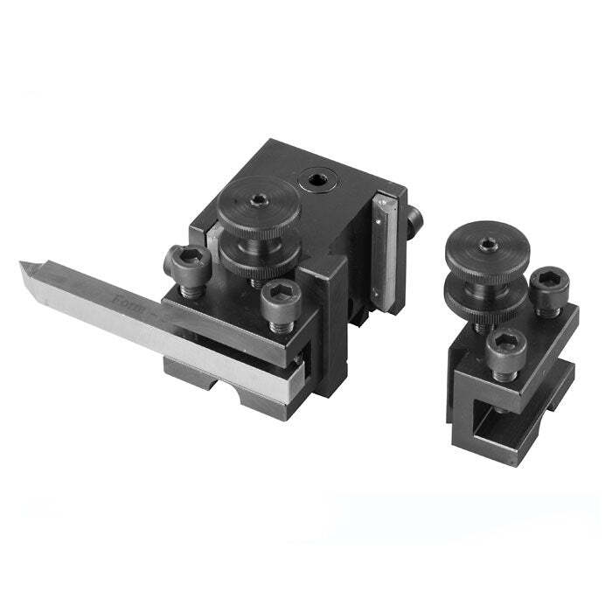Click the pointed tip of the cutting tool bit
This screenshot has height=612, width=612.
click(x=25, y=266)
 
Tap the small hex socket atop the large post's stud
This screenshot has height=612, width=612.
click(x=260, y=199)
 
